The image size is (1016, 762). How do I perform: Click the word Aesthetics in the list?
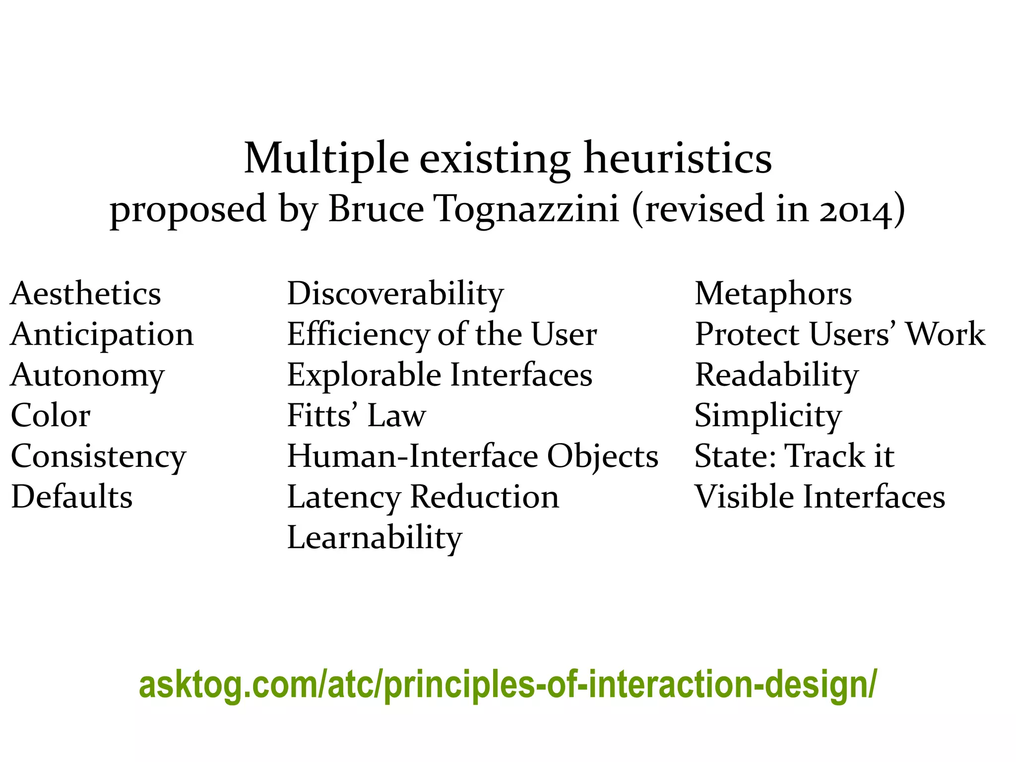[x=85, y=294]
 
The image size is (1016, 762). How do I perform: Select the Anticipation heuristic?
[x=102, y=334]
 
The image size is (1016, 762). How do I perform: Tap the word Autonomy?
[x=87, y=375]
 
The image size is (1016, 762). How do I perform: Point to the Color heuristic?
[x=51, y=416]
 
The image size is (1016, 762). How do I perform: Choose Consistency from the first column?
[x=98, y=456]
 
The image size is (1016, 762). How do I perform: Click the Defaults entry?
[x=72, y=497]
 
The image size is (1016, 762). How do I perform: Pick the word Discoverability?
[x=395, y=294]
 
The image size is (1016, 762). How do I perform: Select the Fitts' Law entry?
[x=356, y=416]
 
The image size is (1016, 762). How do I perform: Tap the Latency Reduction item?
[x=423, y=497]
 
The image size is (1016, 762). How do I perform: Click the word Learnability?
[x=375, y=538]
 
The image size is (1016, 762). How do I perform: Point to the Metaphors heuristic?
[x=773, y=294]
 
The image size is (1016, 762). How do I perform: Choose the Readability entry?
[x=776, y=375]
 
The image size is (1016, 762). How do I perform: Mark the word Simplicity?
[x=768, y=416]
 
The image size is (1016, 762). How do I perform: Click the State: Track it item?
[x=794, y=456]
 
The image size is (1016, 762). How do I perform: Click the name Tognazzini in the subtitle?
[x=527, y=209]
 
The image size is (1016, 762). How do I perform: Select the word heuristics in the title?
[x=678, y=159]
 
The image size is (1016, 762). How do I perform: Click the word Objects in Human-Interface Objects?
[x=602, y=456]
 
